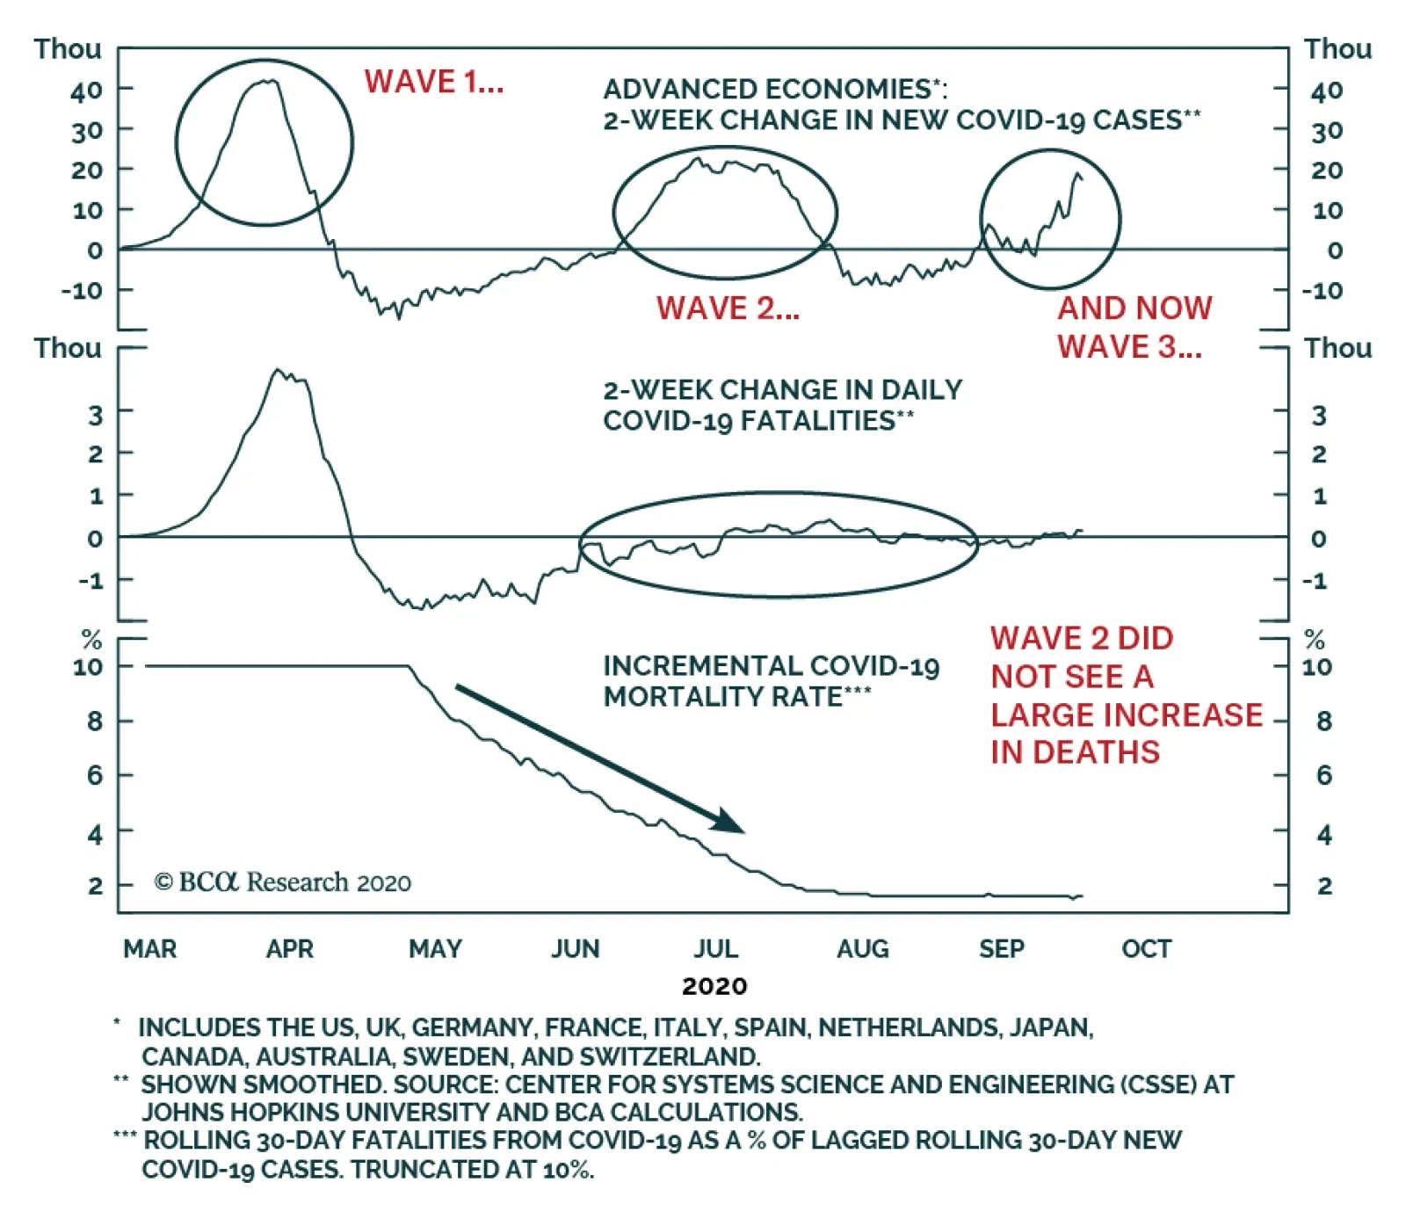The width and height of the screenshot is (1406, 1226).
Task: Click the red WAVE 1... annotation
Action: pyautogui.click(x=434, y=82)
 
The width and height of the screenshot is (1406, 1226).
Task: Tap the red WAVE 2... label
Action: pyautogui.click(x=728, y=308)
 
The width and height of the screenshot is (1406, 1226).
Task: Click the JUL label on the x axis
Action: pyautogui.click(x=716, y=949)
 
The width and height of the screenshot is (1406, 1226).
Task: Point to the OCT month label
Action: pyautogui.click(x=1146, y=949)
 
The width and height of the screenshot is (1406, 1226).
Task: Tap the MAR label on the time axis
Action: pyautogui.click(x=150, y=949)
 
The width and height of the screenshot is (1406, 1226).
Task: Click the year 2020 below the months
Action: pyautogui.click(x=714, y=986)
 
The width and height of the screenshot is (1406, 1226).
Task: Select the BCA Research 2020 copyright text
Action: pyautogui.click(x=283, y=882)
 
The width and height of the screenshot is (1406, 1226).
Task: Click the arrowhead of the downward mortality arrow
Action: pyautogui.click(x=732, y=823)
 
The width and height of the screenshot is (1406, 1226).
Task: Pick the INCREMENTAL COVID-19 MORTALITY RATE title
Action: pyautogui.click(x=771, y=681)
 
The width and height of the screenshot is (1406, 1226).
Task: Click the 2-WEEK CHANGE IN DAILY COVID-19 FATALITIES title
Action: pyautogui.click(x=782, y=405)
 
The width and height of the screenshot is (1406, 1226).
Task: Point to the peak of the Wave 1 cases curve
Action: pyautogui.click(x=267, y=81)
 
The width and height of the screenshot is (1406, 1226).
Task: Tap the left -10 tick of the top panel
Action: pyautogui.click(x=83, y=290)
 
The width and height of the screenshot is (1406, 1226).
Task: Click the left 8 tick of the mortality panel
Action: pyautogui.click(x=95, y=722)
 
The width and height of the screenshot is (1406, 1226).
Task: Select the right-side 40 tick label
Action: pyautogui.click(x=1326, y=91)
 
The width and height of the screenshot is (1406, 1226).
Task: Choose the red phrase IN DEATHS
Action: pyautogui.click(x=1075, y=752)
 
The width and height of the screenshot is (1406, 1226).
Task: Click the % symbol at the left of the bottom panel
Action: pyautogui.click(x=92, y=640)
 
